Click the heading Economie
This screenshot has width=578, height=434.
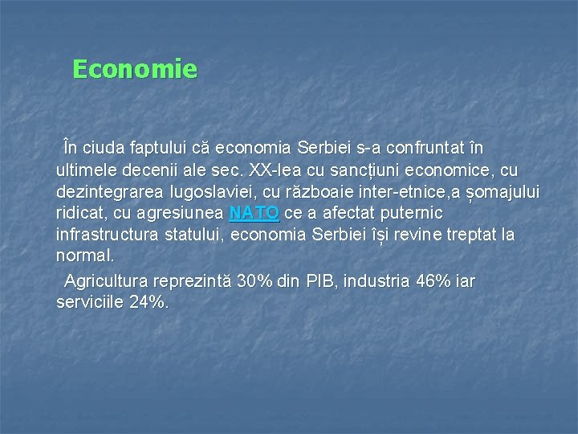pyautogui.click(x=134, y=69)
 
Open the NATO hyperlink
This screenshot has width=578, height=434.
pyautogui.click(x=254, y=214)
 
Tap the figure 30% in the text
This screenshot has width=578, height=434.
pyautogui.click(x=254, y=282)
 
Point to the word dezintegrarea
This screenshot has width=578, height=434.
pyautogui.click(x=110, y=193)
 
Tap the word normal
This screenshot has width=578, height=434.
pyautogui.click(x=83, y=256)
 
